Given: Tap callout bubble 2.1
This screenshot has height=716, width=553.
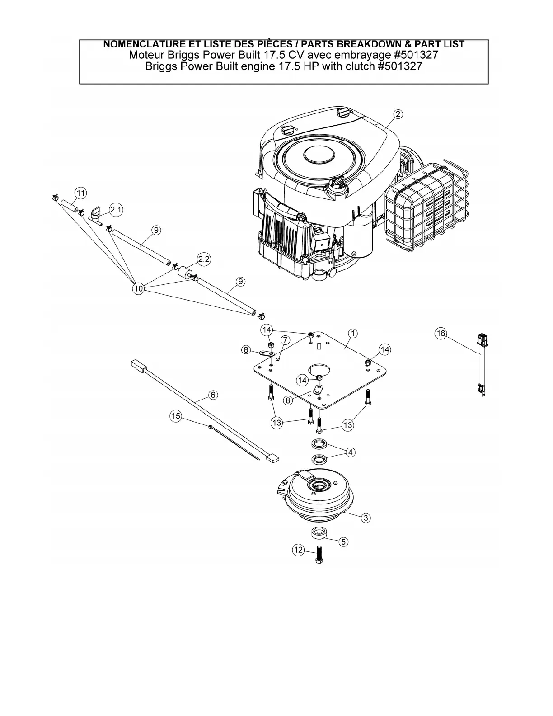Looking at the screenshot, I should (x=116, y=210).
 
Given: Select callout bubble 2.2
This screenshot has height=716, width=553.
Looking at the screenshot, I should (x=204, y=259).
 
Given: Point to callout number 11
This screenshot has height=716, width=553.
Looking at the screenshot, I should (x=80, y=193).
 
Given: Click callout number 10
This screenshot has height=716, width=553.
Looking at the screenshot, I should (x=138, y=288).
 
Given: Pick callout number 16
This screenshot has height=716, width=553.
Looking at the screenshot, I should (x=441, y=334).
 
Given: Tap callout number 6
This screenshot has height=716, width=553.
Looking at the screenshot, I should (x=212, y=395).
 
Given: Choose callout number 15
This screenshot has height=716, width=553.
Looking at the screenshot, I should (x=176, y=416).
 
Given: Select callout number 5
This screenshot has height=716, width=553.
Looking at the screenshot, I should (x=344, y=541).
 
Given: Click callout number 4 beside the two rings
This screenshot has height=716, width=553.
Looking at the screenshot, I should (x=350, y=452).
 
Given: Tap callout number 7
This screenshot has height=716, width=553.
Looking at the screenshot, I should (x=285, y=339).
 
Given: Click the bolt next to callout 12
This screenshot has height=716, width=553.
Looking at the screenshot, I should (x=320, y=554).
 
